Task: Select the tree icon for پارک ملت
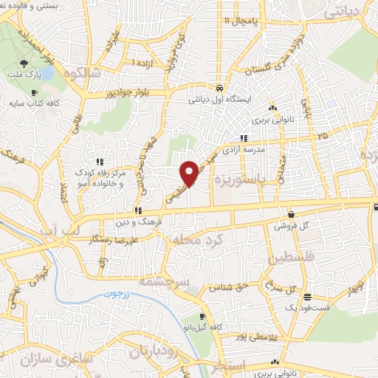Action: click(24, 64)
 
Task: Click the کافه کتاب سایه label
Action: click(34, 103)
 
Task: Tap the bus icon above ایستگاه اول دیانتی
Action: click(219, 87)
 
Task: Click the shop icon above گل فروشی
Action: click(291, 214)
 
